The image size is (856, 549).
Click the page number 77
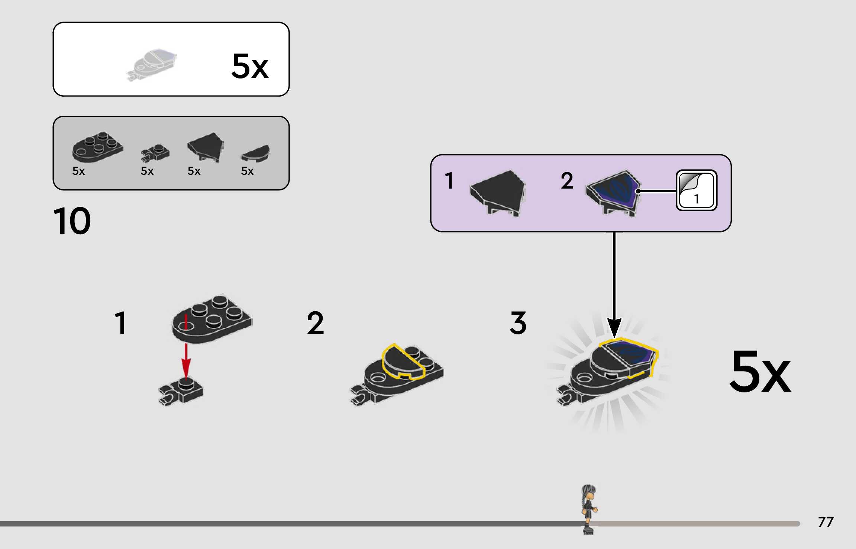click(x=826, y=522)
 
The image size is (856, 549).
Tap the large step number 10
click(x=72, y=221)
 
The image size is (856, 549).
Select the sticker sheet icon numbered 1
click(x=696, y=190)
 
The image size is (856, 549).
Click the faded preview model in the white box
click(x=152, y=64)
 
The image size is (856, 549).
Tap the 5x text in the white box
click(x=250, y=66)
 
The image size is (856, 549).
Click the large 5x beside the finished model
click(x=760, y=372)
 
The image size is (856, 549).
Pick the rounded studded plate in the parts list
click(x=97, y=147)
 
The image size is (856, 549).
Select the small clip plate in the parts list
click(x=155, y=152)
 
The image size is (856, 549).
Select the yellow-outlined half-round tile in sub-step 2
click(x=403, y=362)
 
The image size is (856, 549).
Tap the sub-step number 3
click(x=518, y=323)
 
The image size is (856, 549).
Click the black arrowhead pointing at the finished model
click(x=614, y=327)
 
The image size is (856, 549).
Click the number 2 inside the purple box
click(x=567, y=181)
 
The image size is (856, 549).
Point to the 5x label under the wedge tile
click(x=194, y=171)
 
